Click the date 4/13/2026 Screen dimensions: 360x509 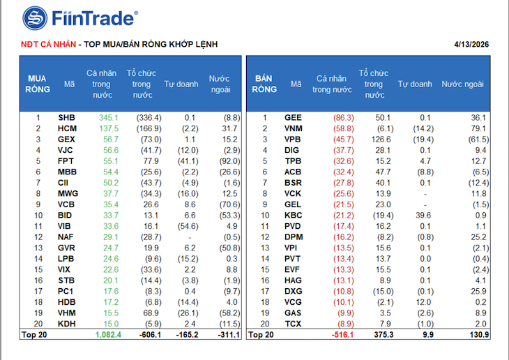[472, 44]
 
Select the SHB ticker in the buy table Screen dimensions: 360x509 [67, 118]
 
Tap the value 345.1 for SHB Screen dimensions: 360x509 [109, 118]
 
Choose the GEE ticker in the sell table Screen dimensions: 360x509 [294, 118]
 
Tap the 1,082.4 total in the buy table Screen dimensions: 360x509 [107, 336]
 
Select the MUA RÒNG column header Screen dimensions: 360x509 [38, 84]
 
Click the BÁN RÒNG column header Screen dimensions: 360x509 [264, 84]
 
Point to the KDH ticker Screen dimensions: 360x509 [67, 324]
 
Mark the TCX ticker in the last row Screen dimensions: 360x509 [294, 324]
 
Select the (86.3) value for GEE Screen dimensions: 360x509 [341, 118]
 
